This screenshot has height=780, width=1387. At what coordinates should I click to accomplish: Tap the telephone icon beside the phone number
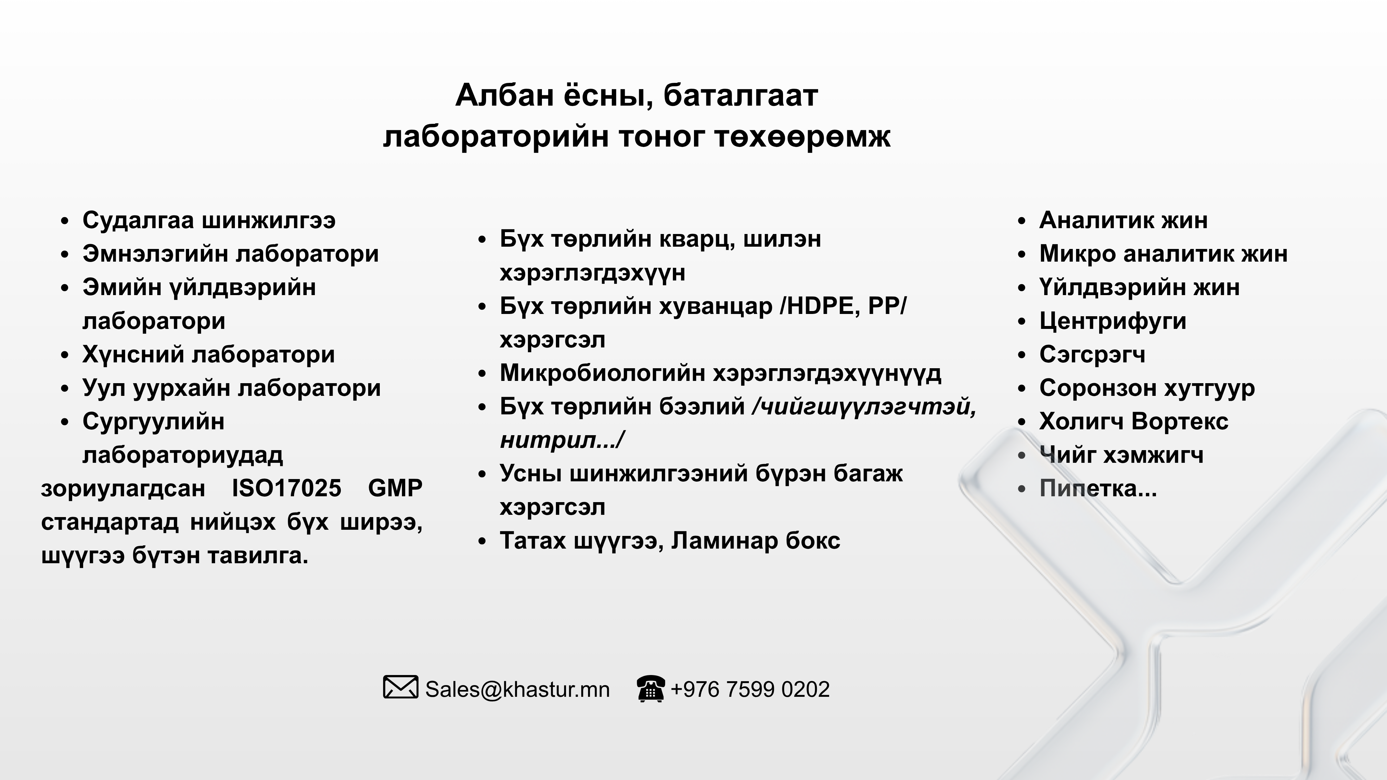[x=650, y=688]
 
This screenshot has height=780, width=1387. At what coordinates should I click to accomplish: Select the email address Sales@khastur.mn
[x=518, y=690]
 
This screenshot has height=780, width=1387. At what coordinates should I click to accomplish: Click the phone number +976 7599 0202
[x=750, y=690]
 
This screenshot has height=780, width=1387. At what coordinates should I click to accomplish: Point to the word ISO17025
[x=287, y=488]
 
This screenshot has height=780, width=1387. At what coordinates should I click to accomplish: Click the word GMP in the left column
[x=395, y=488]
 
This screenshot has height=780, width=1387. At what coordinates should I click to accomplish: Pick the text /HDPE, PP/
[x=843, y=306]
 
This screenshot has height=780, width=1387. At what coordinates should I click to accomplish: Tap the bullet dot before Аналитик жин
[x=1021, y=221]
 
